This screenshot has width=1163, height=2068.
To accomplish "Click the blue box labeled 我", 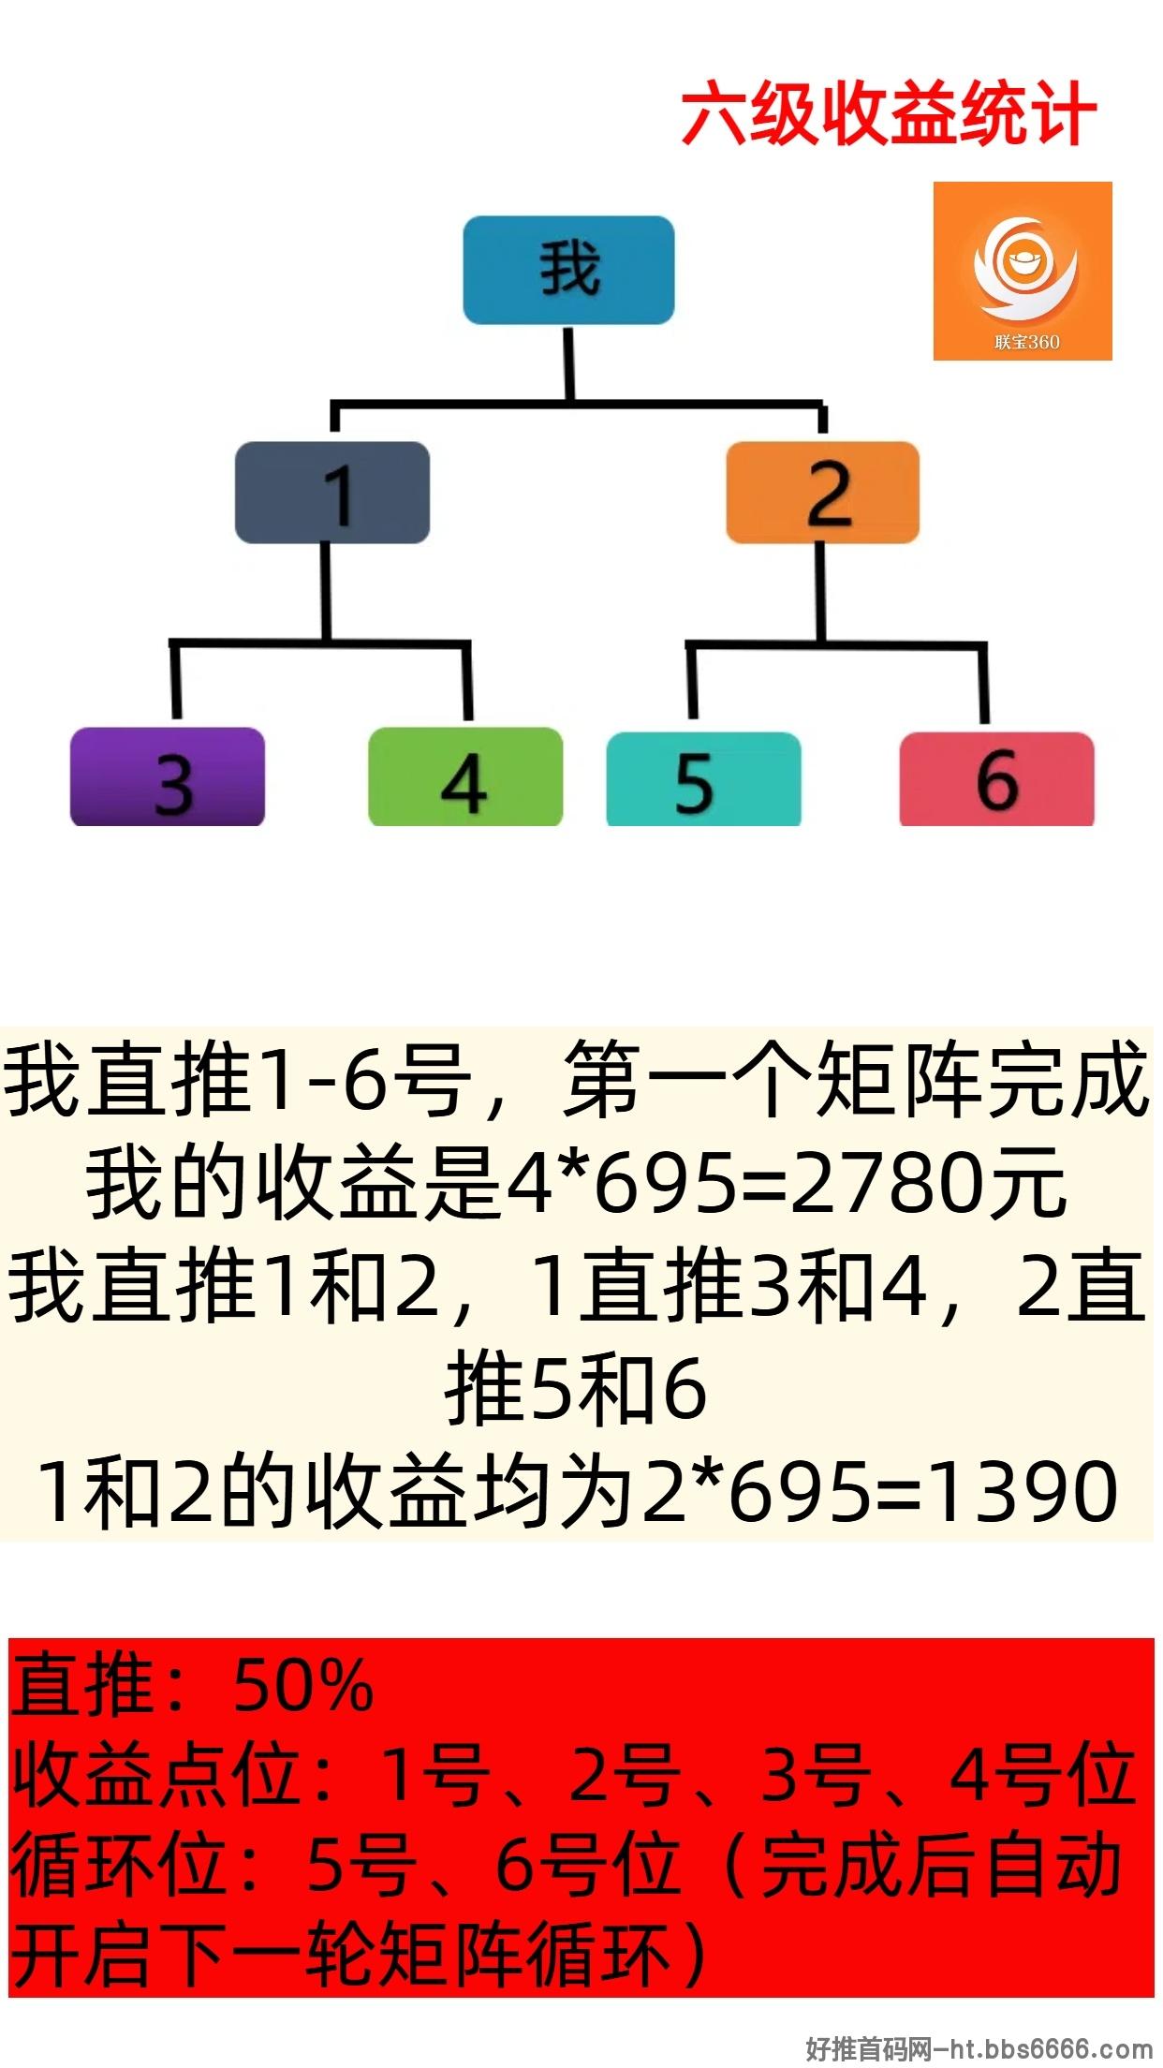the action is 568,271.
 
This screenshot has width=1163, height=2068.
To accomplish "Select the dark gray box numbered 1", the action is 332,493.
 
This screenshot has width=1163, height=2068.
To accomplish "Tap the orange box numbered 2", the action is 822,493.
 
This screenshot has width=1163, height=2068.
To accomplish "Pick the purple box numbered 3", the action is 168,776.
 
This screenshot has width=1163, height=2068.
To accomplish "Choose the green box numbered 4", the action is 465,776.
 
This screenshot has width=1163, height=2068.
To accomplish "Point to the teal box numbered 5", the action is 704,779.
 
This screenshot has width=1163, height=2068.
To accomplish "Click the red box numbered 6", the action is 996,779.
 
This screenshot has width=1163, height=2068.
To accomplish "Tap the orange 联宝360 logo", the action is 1023,271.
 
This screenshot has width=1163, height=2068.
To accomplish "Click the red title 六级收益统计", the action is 888,114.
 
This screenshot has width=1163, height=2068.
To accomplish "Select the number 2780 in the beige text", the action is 890,1183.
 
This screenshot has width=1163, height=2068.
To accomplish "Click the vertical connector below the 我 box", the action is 568,363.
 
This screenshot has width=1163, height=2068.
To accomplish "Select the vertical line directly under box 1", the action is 326,592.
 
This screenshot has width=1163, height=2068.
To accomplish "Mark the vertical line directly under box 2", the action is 820,592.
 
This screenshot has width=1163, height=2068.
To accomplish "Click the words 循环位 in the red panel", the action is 118,1864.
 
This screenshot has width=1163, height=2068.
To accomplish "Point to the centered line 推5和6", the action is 575,1389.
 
